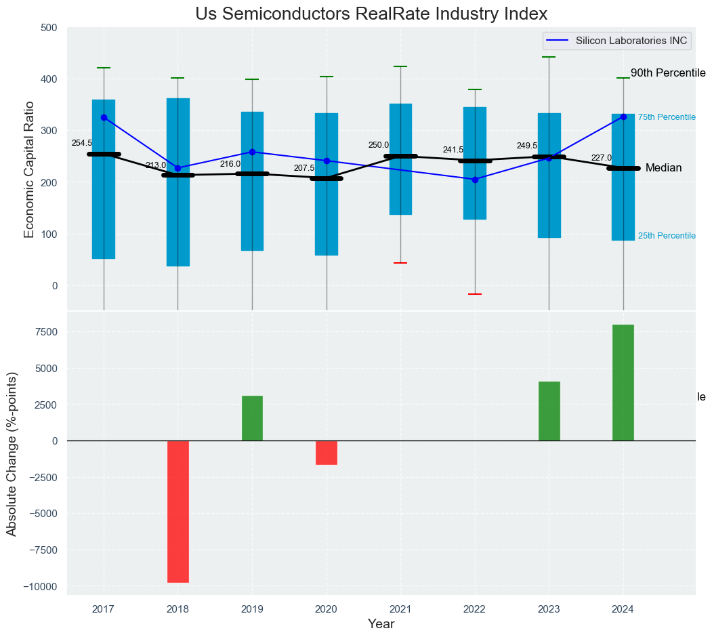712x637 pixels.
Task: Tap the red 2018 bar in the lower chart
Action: point(178,512)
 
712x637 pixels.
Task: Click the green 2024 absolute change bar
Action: point(623,383)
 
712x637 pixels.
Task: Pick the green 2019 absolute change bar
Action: point(252,418)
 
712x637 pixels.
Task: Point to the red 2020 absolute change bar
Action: point(327,453)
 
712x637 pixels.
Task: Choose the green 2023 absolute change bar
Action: point(549,411)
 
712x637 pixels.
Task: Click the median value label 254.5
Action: point(82,143)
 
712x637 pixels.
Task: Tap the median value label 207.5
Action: point(304,168)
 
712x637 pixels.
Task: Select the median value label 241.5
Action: point(453,150)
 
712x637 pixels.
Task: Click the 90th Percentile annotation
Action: point(668,73)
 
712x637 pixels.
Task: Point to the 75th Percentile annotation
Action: point(667,117)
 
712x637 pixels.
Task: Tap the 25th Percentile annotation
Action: point(667,236)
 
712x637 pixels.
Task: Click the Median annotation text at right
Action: point(663,168)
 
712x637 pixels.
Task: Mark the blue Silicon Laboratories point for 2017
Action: point(104,117)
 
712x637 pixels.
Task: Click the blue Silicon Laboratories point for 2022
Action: point(475,180)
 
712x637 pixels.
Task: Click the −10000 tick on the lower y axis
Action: point(39,586)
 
